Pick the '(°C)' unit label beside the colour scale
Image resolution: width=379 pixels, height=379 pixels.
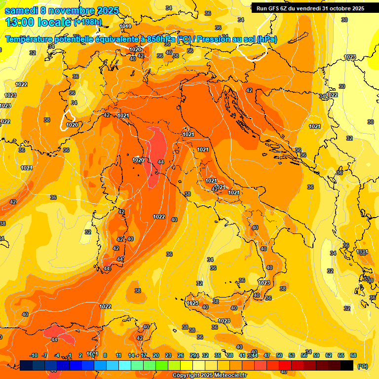tap(362, 366)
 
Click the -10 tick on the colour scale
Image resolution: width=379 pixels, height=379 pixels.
tap(34, 355)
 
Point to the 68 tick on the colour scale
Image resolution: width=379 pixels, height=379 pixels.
tap(353, 355)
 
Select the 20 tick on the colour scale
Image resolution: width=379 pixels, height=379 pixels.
tap(155, 355)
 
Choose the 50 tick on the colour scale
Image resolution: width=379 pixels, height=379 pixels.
tap(279, 355)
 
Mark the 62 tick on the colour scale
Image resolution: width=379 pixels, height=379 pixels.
tap(329, 355)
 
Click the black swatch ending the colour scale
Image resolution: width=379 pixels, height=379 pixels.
tap(347, 365)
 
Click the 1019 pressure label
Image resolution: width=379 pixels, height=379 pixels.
tap(125, 26)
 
